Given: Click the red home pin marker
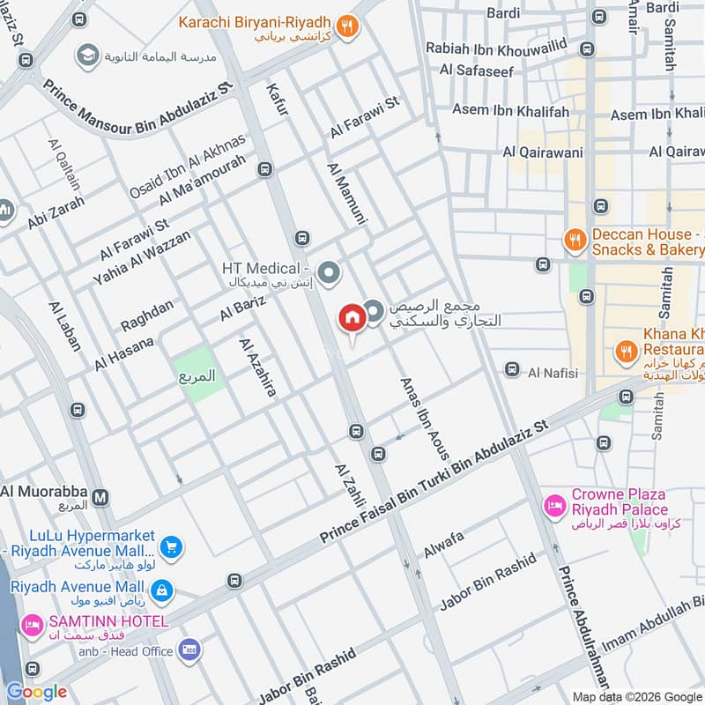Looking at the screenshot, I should pyautogui.click(x=351, y=318).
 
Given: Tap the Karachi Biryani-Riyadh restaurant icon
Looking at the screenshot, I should pyautogui.click(x=349, y=26).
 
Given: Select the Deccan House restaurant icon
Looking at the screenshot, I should pyautogui.click(x=575, y=239).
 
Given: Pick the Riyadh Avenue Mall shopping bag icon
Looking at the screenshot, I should pyautogui.click(x=161, y=588).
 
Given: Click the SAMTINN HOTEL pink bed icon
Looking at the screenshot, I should pyautogui.click(x=32, y=624).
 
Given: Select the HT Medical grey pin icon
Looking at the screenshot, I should pyautogui.click(x=330, y=273).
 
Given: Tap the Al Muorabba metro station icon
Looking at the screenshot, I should pyautogui.click(x=101, y=497).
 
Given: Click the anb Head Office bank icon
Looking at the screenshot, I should pyautogui.click(x=188, y=651).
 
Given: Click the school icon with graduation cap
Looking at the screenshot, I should pyautogui.click(x=87, y=56).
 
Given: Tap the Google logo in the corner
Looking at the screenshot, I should pyautogui.click(x=36, y=692).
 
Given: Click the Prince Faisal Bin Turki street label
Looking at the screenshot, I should pyautogui.click(x=434, y=480).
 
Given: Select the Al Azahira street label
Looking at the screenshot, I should pyautogui.click(x=256, y=367).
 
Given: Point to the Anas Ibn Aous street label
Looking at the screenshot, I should pyautogui.click(x=425, y=419).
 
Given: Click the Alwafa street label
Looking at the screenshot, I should pyautogui.click(x=443, y=545).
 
